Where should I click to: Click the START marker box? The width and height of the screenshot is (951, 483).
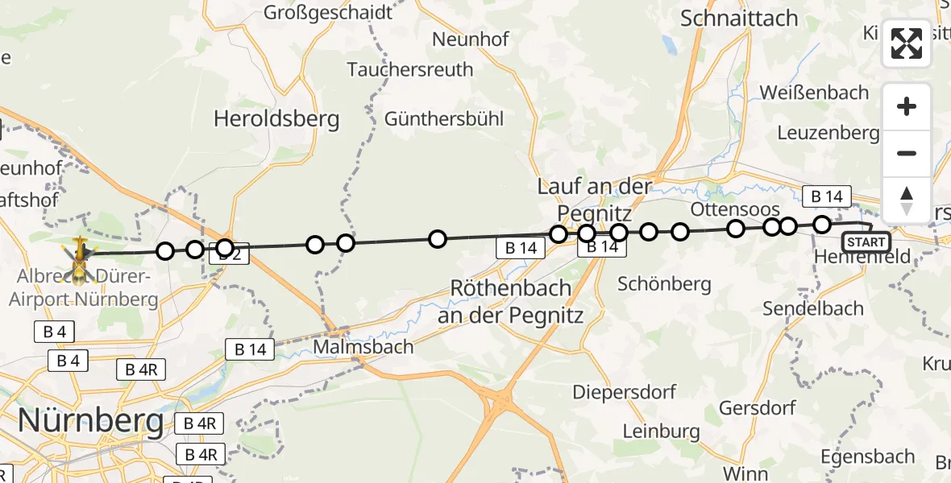pos(866,242)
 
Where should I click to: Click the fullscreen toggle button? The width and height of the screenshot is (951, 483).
pos(907,43)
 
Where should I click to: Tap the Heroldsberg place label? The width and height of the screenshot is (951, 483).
pos(276,120)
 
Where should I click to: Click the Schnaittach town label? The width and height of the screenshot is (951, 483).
pos(739,19)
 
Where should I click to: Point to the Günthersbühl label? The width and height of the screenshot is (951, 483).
pos(444,119)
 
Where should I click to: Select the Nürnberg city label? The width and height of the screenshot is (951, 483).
pos(90,420)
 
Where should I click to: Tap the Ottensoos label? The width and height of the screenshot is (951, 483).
pos(735,209)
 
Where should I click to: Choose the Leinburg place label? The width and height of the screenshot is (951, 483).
pos(660,431)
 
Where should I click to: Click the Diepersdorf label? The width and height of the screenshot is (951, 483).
pos(625,392)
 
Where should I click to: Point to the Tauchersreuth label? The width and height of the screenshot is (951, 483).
pos(410,70)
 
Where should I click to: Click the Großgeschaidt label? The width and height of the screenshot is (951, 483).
pos(328,12)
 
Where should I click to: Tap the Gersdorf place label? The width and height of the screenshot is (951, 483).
pos(757,407)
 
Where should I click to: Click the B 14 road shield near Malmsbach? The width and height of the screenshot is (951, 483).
pos(250,349)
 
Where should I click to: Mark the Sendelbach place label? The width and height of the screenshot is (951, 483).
pos(814,308)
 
